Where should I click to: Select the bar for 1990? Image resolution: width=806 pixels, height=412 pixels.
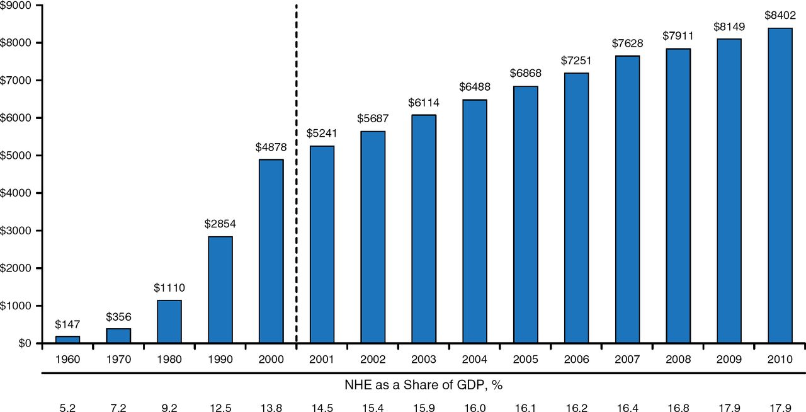pyautogui.click(x=220, y=290)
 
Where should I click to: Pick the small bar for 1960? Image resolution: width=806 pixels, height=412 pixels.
pyautogui.click(x=67, y=340)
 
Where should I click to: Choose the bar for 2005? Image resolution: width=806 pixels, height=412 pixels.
pyautogui.click(x=525, y=214)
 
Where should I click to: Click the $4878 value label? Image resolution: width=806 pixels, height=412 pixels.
pyautogui.click(x=270, y=147)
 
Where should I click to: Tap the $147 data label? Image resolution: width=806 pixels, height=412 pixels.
pyautogui.click(x=67, y=324)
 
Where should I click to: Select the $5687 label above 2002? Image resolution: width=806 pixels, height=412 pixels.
pyautogui.click(x=372, y=118)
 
